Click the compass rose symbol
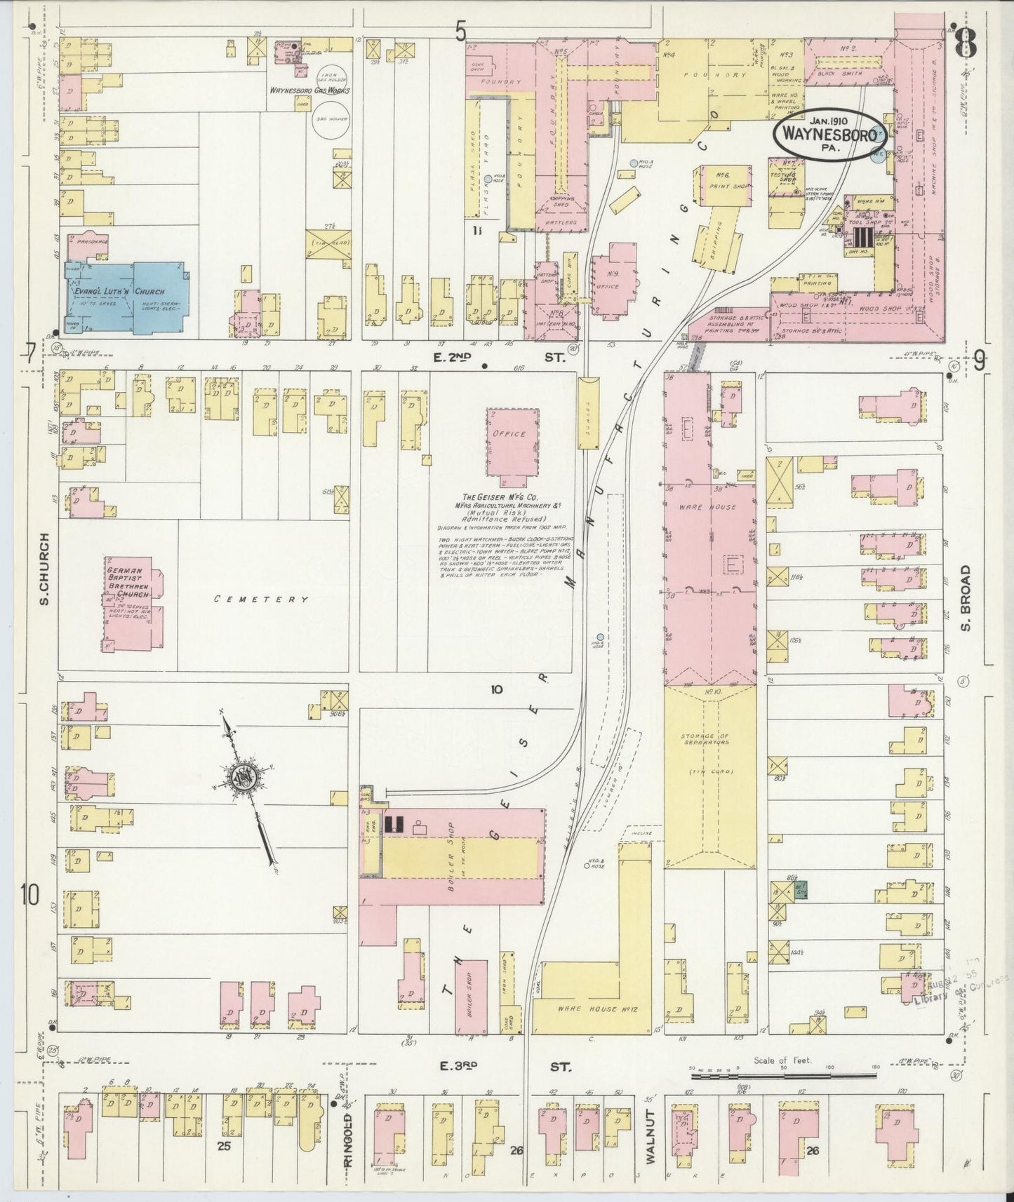point(248,778)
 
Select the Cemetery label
point(261,600)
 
